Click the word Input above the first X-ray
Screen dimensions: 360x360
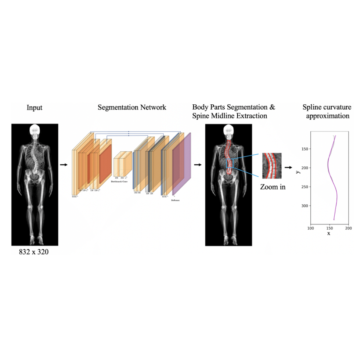[35, 108]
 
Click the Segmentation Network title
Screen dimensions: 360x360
[132, 107]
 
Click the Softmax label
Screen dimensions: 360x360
[176, 201]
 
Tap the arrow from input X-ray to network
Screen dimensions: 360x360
[64, 165]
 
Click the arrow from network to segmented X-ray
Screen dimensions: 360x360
[198, 165]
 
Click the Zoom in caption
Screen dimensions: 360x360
[273, 187]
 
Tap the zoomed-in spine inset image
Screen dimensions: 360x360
[272, 166]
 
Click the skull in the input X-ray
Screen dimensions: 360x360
[35, 130]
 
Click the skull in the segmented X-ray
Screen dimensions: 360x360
[228, 130]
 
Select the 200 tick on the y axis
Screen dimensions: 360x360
[303, 168]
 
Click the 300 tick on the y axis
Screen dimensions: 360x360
[303, 206]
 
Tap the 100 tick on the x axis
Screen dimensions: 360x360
[310, 228]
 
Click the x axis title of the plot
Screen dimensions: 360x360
[328, 233]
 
